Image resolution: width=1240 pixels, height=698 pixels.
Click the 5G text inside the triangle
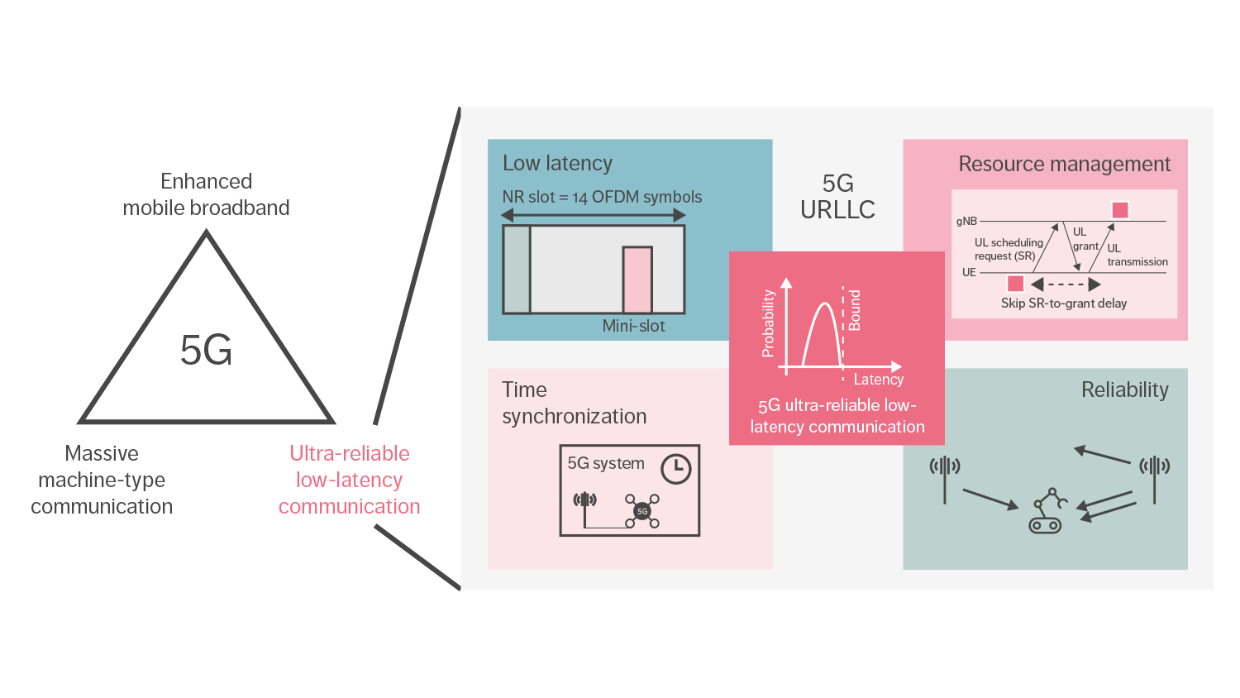coord(206,351)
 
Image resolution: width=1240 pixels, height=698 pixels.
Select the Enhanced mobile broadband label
coord(206,194)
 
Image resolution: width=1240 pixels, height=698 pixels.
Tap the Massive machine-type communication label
coord(102,480)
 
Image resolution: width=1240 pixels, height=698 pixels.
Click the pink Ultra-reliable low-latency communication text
coord(349,480)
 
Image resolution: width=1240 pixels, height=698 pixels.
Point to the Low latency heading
coord(557,164)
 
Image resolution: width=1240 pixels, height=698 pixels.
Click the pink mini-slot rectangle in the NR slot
coord(637,280)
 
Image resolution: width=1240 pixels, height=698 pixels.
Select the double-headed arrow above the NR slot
coord(593,215)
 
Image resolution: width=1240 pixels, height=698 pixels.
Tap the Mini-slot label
coord(633,326)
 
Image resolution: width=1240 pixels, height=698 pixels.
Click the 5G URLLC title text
coord(837,197)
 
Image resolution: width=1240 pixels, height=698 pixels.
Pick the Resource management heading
coord(1064,165)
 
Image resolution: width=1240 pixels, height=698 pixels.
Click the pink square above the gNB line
coord(1120,210)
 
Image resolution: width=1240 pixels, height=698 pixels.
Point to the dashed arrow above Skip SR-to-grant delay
coord(1066,284)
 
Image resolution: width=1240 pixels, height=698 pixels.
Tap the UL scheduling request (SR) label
coord(1008,249)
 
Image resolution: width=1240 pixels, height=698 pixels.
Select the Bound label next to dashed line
coord(855,310)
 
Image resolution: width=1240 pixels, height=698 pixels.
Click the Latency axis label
coord(878,380)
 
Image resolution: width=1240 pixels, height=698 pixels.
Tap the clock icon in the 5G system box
coord(675,469)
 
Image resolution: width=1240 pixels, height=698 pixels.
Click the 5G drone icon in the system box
coord(642,511)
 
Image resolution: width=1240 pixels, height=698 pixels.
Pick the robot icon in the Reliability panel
coord(1047,511)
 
